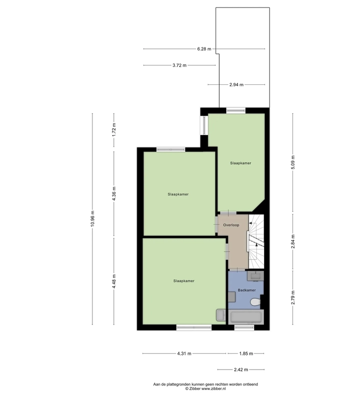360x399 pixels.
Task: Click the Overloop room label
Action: click(x=231, y=225)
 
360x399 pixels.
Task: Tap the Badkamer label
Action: click(x=247, y=290)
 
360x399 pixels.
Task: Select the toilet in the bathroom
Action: click(x=255, y=302)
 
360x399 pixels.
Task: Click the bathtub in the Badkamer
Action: click(x=246, y=317)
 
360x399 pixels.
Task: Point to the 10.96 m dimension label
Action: click(x=92, y=218)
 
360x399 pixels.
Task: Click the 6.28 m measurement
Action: click(x=204, y=49)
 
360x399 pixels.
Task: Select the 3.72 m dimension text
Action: click(x=179, y=65)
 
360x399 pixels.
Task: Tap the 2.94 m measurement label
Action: click(x=236, y=84)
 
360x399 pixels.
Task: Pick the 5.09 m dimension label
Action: click(x=293, y=162)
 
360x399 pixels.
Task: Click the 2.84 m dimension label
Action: click(x=293, y=241)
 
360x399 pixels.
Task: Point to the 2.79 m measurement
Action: click(x=293, y=297)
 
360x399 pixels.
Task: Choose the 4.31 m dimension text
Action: click(x=184, y=354)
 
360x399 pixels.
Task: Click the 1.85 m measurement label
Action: click(x=246, y=354)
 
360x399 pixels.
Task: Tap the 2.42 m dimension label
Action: click(x=241, y=370)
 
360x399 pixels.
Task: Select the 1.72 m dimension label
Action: click(x=114, y=130)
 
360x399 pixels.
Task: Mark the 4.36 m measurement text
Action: click(x=114, y=194)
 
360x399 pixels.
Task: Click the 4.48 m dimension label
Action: click(x=114, y=281)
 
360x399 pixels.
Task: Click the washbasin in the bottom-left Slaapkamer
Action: click(x=221, y=315)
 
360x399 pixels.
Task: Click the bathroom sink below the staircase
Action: click(x=255, y=276)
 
